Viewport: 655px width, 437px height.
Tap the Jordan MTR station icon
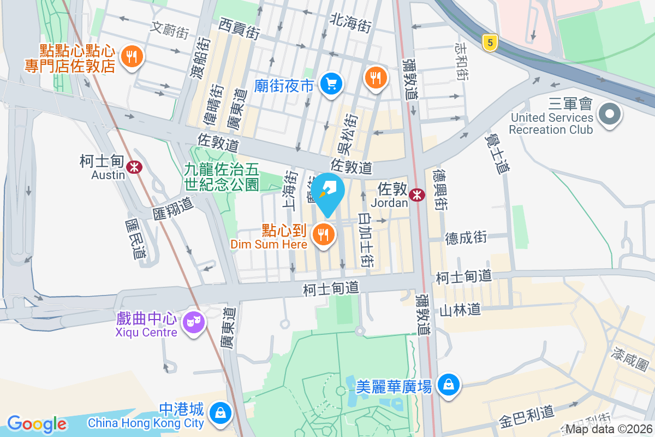pos(418,194)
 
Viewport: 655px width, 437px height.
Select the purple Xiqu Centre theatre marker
pos(193,323)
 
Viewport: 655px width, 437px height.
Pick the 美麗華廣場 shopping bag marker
pos(448,386)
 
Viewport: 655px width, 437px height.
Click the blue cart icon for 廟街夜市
pos(331,84)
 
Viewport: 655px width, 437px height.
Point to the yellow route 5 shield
pos(491,43)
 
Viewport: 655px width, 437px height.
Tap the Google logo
pos(37,423)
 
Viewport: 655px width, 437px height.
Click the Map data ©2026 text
pos(609,429)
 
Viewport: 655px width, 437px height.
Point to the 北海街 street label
pos(350,22)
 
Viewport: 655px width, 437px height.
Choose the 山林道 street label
pos(460,310)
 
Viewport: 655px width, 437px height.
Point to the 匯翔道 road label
pos(173,208)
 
